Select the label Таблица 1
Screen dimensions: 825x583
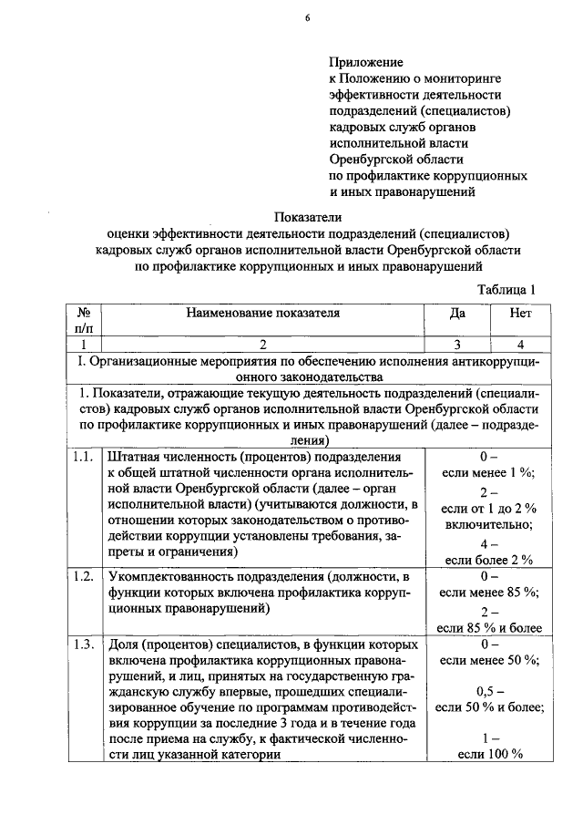coord(506,289)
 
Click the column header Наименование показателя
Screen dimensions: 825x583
coord(263,313)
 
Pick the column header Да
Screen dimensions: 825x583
coord(456,313)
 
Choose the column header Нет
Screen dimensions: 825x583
coord(521,313)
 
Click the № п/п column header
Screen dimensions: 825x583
coord(83,321)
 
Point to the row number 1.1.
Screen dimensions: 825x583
coord(83,455)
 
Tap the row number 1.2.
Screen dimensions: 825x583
coord(83,577)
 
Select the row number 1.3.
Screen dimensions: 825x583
coord(83,645)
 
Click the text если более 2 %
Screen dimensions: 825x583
coord(488,559)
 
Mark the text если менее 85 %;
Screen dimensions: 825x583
coord(488,593)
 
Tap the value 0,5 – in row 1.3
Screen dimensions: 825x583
coord(488,690)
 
